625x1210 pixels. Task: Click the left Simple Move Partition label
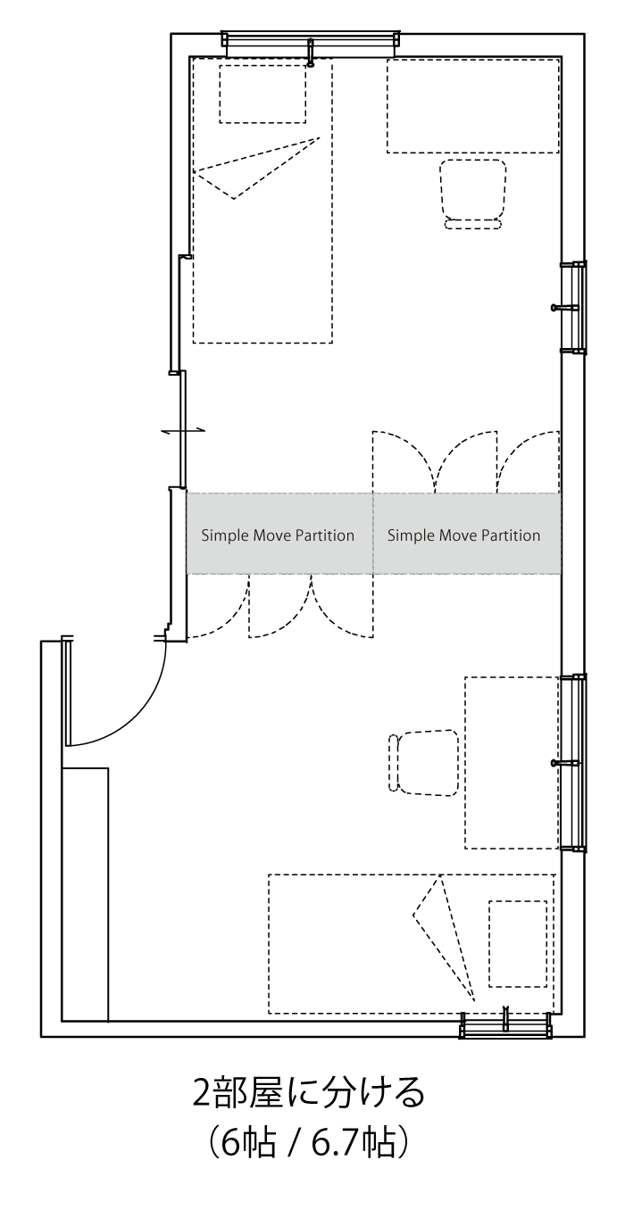pyautogui.click(x=278, y=535)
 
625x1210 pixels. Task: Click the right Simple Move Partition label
pyautogui.click(x=463, y=535)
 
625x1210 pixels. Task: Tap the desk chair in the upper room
pyautogui.click(x=473, y=194)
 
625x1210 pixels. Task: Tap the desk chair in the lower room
pyautogui.click(x=423, y=763)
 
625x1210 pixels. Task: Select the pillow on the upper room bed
pyautogui.click(x=262, y=94)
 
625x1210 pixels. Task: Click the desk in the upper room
pyautogui.click(x=473, y=106)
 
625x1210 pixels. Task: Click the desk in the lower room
pyautogui.click(x=512, y=762)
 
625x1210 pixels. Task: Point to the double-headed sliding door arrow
pyautogui.click(x=183, y=430)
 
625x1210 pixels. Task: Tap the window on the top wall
pyautogui.click(x=311, y=44)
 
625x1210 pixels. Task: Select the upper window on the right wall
pyautogui.click(x=573, y=308)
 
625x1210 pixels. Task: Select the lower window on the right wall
pyautogui.click(x=573, y=763)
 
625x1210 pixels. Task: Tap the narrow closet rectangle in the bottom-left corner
pyautogui.click(x=86, y=894)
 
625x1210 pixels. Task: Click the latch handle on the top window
pyautogui.click(x=311, y=53)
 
